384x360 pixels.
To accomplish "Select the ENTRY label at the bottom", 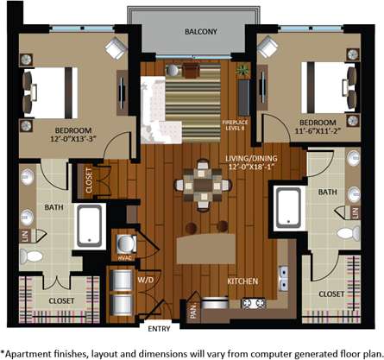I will point(159,328).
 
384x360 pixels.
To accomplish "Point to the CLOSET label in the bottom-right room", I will point(330,294).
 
